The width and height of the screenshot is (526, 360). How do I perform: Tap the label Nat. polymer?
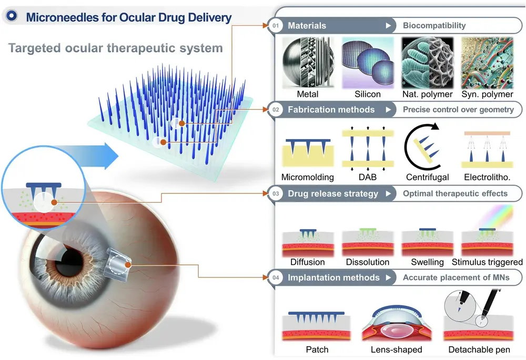click(426, 94)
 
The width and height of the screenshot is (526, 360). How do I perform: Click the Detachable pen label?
click(479, 349)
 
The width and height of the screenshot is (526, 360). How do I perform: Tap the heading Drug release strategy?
click(332, 193)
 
